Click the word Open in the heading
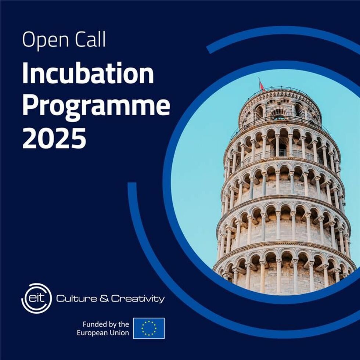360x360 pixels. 46,40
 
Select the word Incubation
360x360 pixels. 88,73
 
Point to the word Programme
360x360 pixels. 96,106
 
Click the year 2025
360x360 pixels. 54,138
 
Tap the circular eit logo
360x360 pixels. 36,298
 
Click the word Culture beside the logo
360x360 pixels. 76,298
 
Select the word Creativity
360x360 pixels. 138,299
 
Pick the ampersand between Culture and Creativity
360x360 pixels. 104,298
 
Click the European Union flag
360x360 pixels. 149,328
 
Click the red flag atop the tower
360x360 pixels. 262,86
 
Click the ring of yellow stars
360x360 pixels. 149,328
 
